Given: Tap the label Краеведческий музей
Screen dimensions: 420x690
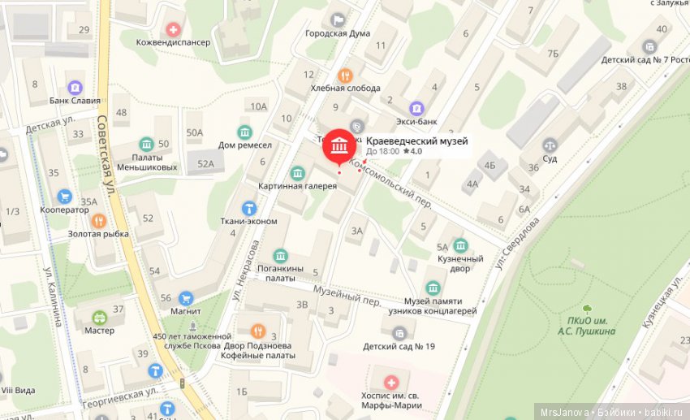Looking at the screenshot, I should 417,141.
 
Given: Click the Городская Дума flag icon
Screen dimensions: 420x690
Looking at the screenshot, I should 338,19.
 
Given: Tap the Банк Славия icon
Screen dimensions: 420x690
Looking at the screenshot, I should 75,87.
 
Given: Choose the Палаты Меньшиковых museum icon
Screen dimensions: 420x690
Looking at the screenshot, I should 145,144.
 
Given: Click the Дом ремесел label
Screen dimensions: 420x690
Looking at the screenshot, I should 244,145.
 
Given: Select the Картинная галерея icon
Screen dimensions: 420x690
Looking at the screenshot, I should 298,173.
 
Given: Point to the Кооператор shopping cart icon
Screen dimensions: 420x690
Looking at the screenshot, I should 65,196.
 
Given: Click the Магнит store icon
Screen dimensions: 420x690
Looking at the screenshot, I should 186,298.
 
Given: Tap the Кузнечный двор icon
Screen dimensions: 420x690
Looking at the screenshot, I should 460,245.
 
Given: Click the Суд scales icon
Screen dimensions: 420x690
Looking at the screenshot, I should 550,145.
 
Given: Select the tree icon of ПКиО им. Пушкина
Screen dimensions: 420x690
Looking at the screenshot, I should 586,309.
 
